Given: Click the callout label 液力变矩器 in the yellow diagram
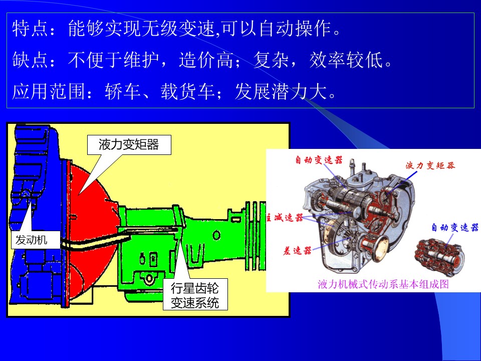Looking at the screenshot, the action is click(x=129, y=144).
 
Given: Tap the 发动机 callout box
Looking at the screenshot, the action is click(x=35, y=240).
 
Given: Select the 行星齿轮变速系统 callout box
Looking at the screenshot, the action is click(x=195, y=294).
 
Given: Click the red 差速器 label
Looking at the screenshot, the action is click(x=297, y=251).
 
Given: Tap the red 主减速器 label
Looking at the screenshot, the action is click(x=285, y=218).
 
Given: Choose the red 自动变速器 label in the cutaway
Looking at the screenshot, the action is click(x=319, y=160).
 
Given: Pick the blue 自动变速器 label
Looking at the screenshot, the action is click(x=455, y=228).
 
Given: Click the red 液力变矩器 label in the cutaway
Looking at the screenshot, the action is click(x=430, y=165).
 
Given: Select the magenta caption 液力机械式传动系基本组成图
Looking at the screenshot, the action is click(x=383, y=284).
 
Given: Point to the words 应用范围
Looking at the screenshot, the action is click(x=49, y=91).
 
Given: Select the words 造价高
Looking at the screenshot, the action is click(x=206, y=60).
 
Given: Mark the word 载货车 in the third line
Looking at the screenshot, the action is click(x=187, y=91).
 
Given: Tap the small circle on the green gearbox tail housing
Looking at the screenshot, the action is click(x=216, y=236).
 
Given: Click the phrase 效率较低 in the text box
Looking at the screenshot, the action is click(x=346, y=60).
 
